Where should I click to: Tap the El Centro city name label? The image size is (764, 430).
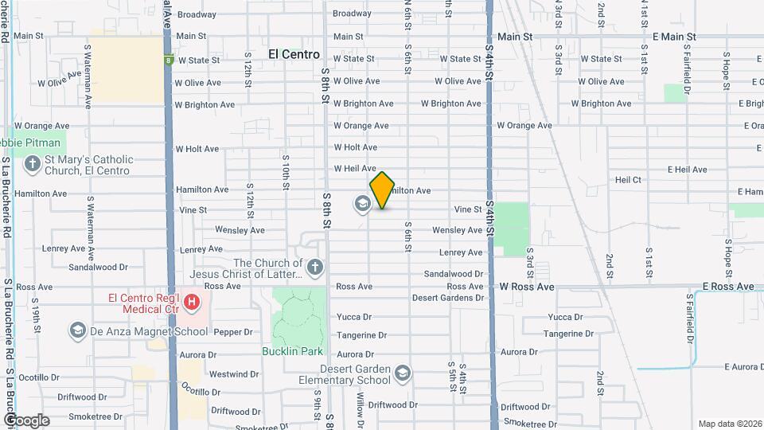pos(294,55)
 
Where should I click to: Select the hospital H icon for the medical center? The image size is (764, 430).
pos(191,303)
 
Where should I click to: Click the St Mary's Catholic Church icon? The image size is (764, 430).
pos(32,165)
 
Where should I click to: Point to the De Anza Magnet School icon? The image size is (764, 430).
pos(77,330)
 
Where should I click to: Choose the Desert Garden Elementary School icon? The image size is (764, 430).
pos(403,373)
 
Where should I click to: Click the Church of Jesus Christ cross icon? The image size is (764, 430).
pos(315,268)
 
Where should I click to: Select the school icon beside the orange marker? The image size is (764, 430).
pos(363,205)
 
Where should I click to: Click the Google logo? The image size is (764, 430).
pos(26,420)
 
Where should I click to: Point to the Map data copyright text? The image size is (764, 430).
pos(730,424)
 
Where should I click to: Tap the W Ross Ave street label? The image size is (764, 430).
pos(527,287)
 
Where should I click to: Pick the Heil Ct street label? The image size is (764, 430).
pos(628,181)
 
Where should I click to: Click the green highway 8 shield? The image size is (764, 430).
pos(169,60)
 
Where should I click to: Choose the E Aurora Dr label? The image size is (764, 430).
pos(743,367)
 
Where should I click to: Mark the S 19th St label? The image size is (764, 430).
pos(36,310)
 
